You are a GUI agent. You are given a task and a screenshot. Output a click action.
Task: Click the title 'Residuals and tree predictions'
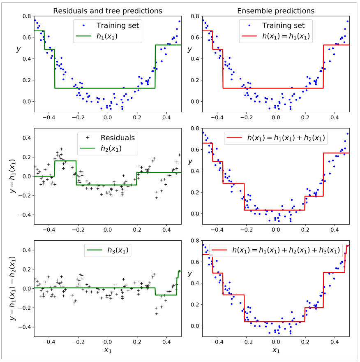point(108,10)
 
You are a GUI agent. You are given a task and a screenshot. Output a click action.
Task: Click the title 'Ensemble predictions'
point(276,10)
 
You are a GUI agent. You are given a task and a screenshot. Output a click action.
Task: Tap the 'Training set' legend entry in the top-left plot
point(118,26)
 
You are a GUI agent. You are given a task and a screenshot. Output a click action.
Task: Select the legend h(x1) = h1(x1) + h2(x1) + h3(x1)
point(286,250)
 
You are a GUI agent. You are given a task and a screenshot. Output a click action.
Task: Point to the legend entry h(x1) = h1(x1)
point(286,36)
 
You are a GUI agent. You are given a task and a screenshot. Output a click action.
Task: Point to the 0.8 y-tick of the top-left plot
point(26,16)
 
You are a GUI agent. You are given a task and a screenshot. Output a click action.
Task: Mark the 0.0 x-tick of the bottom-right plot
point(276,341)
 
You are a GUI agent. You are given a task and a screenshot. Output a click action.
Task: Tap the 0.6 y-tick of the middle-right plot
point(194,149)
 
